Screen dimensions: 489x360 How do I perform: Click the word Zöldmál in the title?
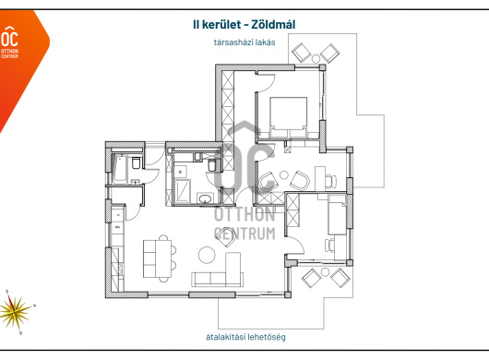pos(273,24)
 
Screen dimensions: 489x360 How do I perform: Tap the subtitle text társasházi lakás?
pos(244,42)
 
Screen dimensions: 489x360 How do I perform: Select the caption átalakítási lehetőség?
pos(245,337)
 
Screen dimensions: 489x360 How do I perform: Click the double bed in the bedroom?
pos(288,117)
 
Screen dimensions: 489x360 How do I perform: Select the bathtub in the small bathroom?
pos(120,169)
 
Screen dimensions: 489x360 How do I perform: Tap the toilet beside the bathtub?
pos(136,162)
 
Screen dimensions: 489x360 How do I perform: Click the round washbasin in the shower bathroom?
pos(205,198)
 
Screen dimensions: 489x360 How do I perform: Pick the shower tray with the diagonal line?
pos(182,192)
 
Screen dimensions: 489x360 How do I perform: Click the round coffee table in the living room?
pos(207,255)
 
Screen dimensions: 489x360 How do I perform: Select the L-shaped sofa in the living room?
pos(218,270)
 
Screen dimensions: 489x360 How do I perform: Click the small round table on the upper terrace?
pos(316,58)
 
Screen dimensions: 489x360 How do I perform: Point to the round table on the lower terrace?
pos(325,272)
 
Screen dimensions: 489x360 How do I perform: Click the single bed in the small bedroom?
pos(337,215)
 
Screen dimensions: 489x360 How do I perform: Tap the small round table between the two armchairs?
pos(283,175)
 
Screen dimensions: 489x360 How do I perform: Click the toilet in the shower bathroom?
pos(212,165)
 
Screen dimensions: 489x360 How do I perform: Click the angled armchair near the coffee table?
pos(225,238)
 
